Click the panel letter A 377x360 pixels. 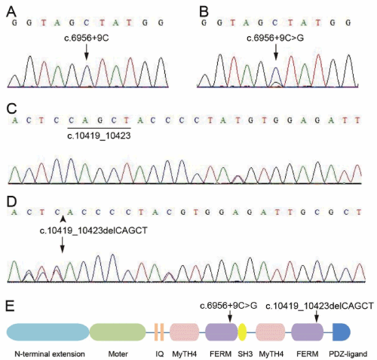(11, 11)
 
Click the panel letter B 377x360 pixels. (204, 11)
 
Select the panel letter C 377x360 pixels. (11, 108)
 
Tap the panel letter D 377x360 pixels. (11, 202)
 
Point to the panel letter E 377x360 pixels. (11, 307)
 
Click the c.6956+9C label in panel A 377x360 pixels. (87, 38)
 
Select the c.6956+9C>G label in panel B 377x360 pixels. (275, 38)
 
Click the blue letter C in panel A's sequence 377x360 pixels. (87, 23)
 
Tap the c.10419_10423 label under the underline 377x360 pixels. (99, 136)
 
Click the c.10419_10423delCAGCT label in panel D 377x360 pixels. (93, 230)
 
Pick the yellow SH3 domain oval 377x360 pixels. (242, 332)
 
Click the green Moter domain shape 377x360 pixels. (118, 332)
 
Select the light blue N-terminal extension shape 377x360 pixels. (48, 332)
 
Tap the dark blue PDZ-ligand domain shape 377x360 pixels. (342, 332)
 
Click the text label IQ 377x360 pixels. (160, 354)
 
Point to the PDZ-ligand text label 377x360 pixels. (348, 354)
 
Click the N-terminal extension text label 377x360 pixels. (50, 354)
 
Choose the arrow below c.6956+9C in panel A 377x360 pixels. (87, 52)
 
